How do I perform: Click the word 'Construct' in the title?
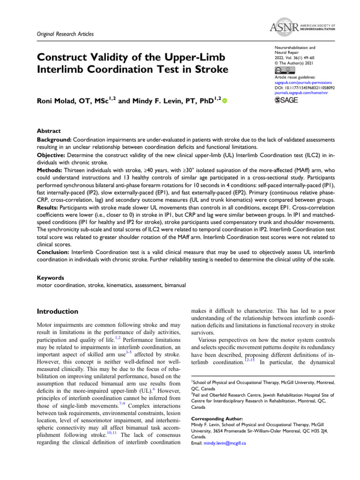point(62,58)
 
